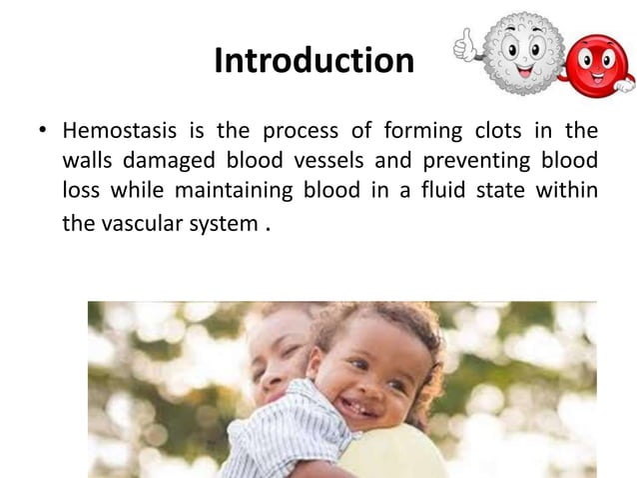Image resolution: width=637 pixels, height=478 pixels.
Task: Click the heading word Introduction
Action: tap(314, 62)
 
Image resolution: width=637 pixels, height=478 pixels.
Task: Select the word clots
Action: tap(480, 132)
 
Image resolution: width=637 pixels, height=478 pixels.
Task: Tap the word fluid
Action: tap(446, 190)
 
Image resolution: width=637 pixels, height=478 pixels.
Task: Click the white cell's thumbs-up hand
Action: tap(465, 43)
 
